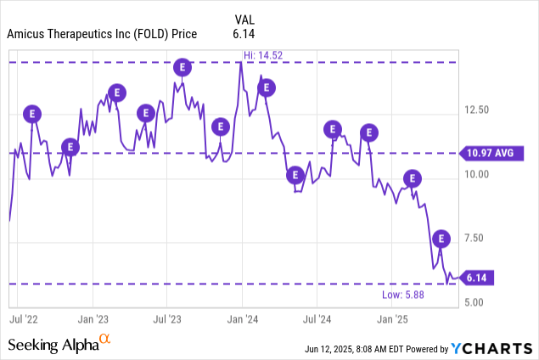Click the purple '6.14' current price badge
click(x=479, y=278)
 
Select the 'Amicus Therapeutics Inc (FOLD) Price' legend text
click(x=102, y=34)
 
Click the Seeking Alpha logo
click(x=59, y=344)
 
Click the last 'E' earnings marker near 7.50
click(x=441, y=239)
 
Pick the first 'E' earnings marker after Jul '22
click(x=33, y=113)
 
